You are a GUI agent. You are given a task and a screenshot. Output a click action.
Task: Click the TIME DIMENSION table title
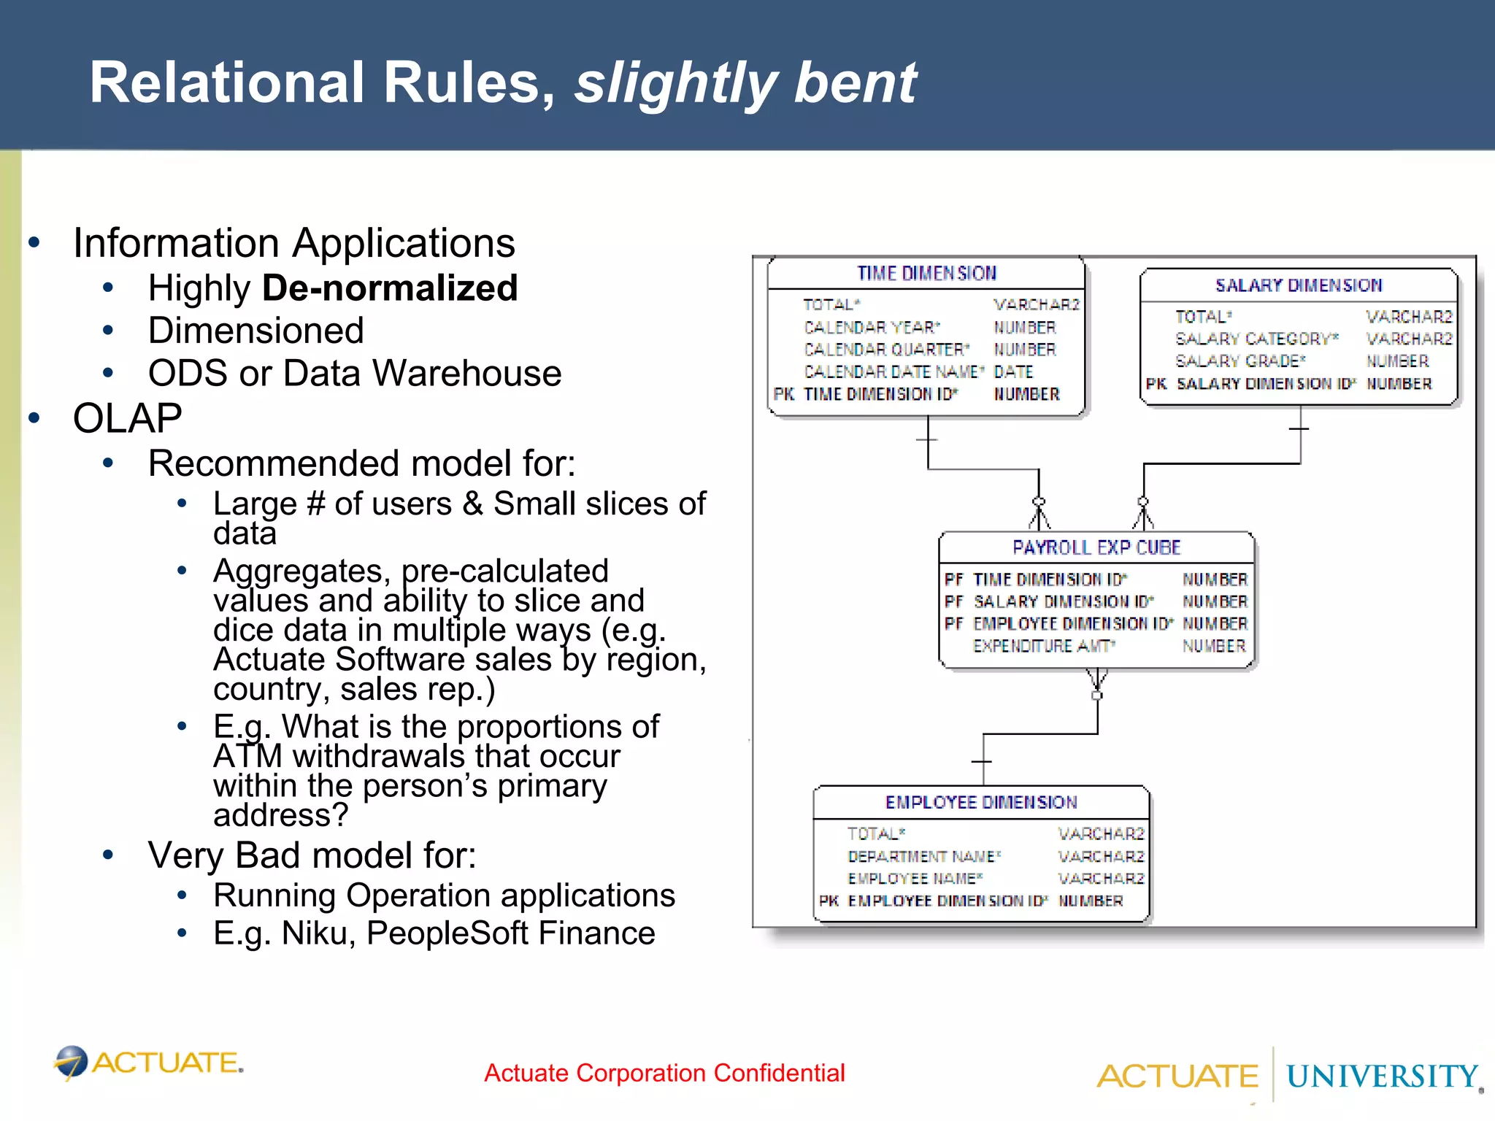pos(926,273)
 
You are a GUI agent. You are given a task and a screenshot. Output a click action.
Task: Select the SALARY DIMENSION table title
pos(1298,285)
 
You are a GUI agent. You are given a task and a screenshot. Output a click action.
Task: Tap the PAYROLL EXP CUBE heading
pos(1096,547)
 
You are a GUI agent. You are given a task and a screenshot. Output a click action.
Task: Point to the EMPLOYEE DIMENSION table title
pos(980,802)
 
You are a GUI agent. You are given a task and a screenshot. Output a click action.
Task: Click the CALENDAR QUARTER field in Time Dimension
pos(886,350)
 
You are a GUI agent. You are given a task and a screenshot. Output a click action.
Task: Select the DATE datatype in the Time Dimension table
pos(1013,372)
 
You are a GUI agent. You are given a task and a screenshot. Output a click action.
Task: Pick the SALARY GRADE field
pos(1240,361)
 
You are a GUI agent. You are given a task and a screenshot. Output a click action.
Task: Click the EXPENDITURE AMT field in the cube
pos(1043,646)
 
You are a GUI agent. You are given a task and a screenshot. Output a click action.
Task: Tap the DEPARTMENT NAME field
pos(923,856)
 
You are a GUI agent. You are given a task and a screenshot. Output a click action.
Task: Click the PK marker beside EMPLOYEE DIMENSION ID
pos(829,901)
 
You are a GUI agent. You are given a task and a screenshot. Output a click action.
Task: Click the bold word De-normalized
pos(390,288)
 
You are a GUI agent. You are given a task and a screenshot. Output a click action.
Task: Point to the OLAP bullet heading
pos(128,418)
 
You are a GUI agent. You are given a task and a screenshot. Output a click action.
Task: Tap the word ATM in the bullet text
pos(247,757)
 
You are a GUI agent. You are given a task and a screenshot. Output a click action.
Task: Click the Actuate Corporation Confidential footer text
pos(664,1073)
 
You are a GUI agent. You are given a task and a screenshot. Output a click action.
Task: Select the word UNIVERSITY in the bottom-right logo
pos(1381,1076)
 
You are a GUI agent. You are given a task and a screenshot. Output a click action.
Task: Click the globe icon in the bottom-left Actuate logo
pos(72,1062)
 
